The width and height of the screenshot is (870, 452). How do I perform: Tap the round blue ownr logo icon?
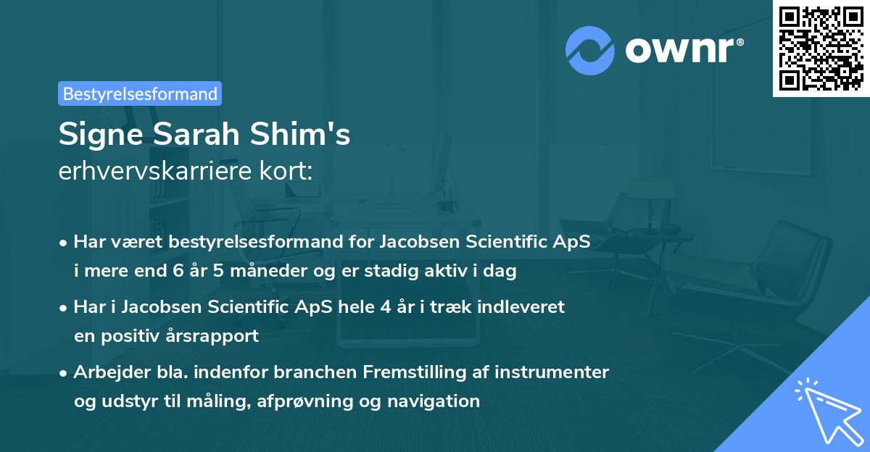click(x=590, y=51)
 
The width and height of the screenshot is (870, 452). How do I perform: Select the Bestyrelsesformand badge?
click(x=140, y=93)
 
